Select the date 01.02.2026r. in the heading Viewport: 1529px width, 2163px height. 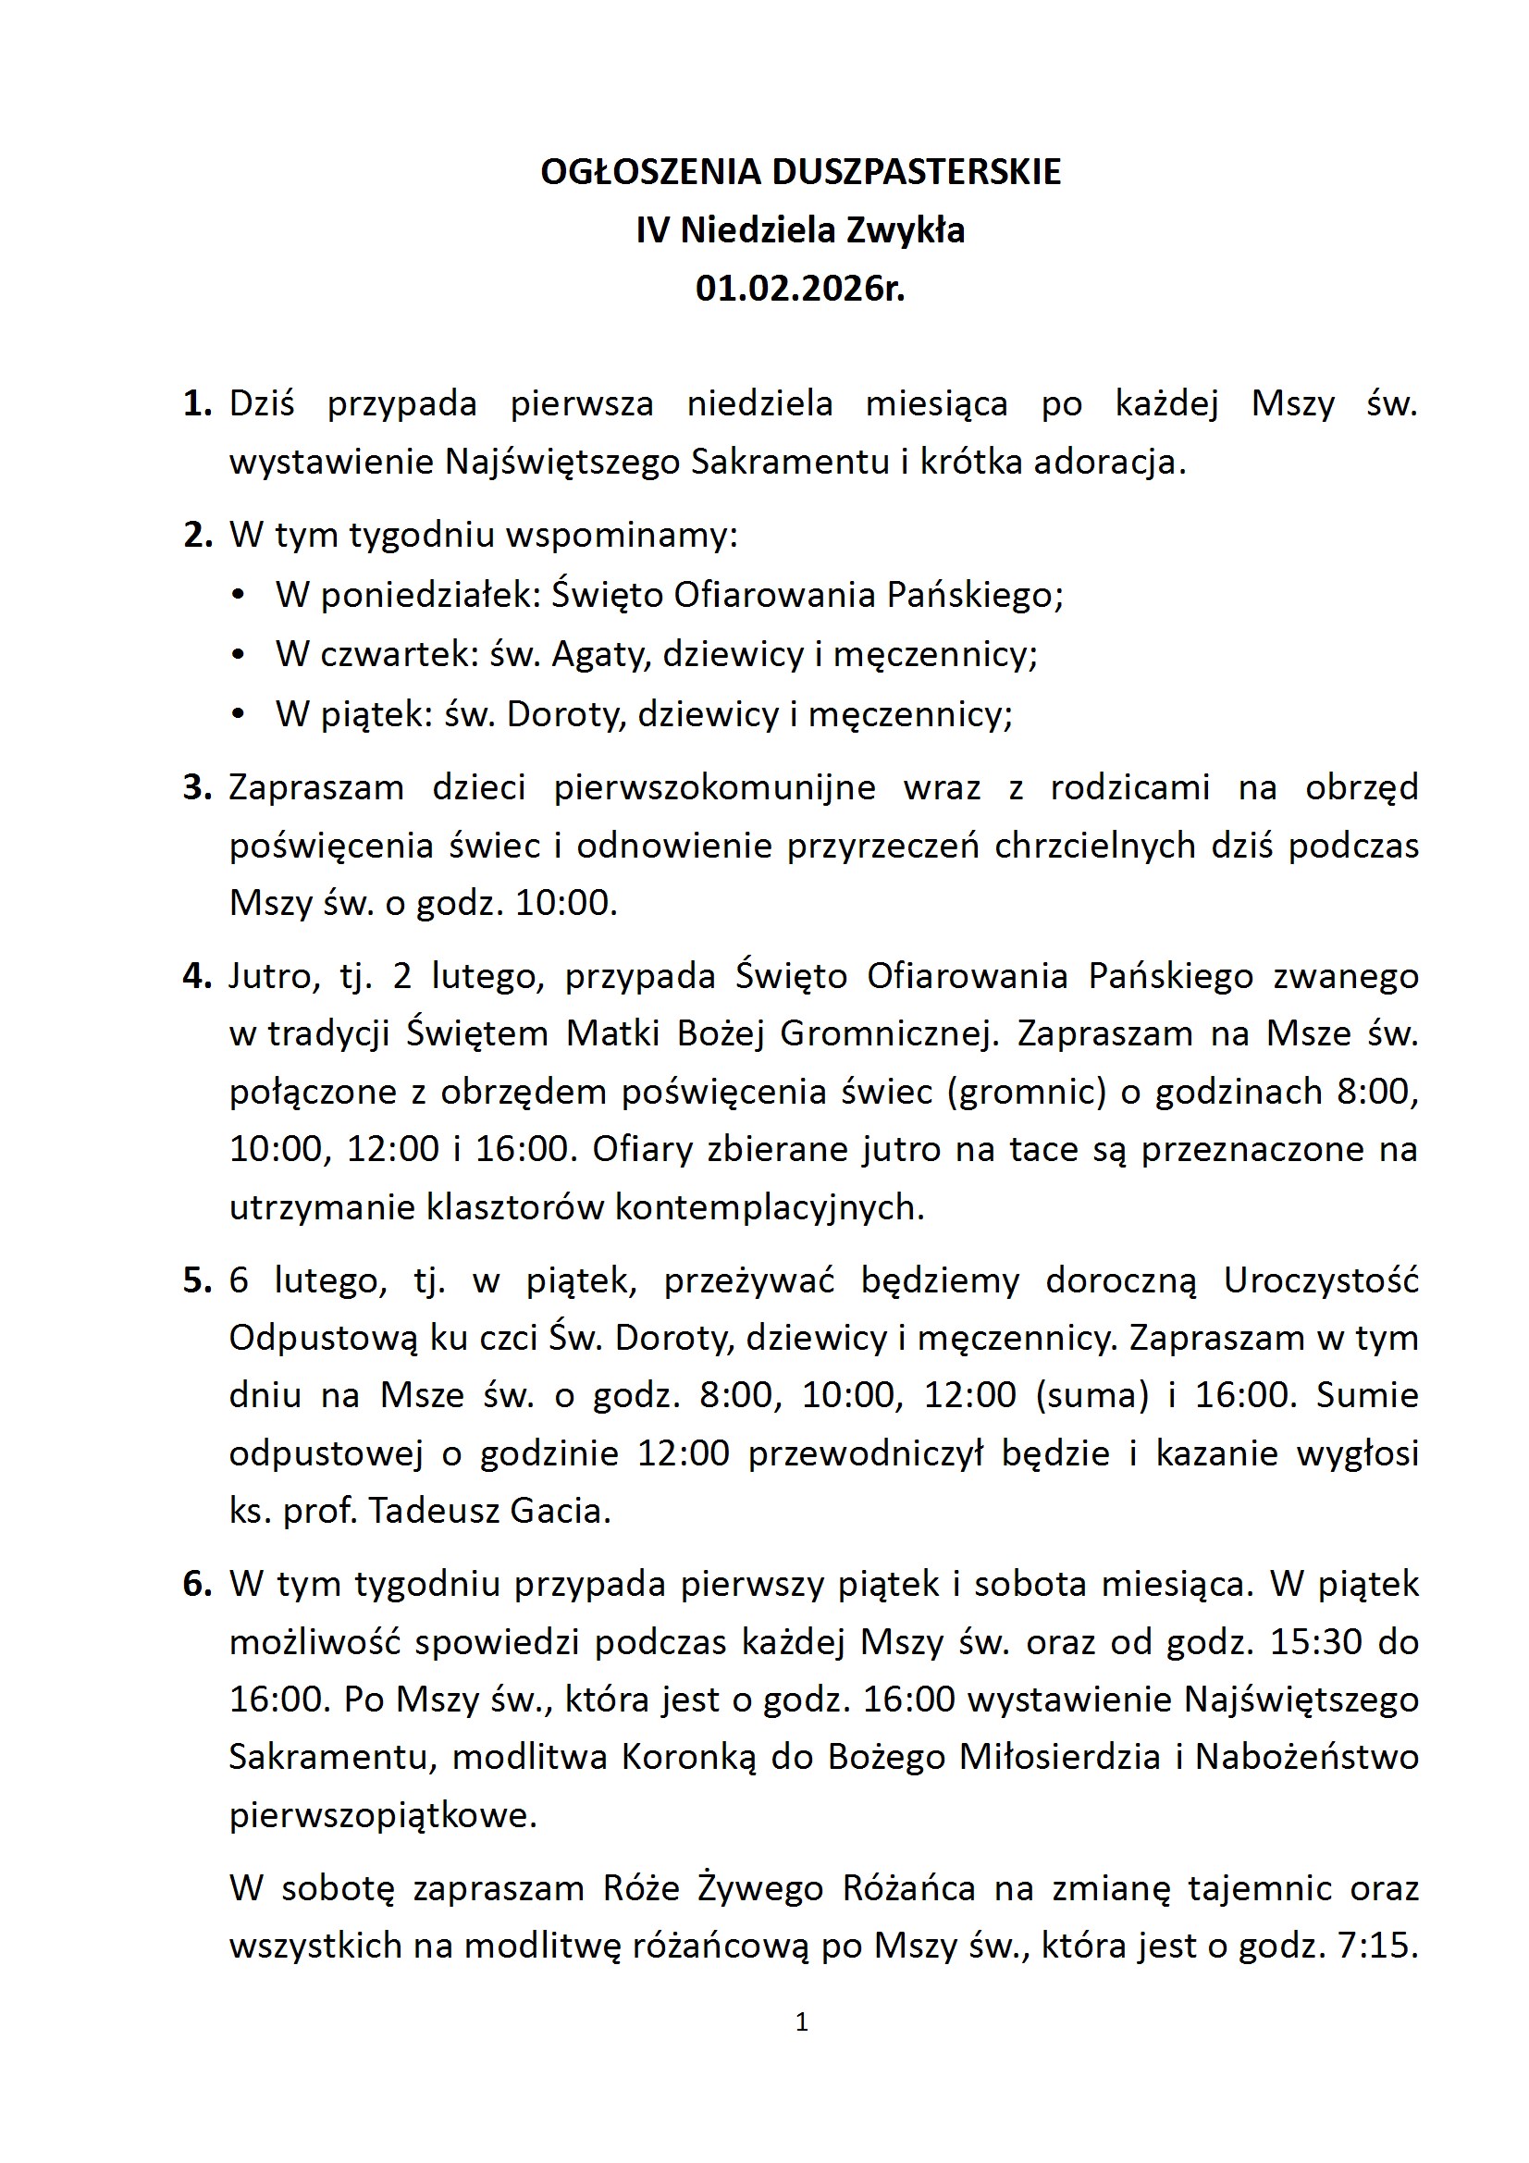coord(800,289)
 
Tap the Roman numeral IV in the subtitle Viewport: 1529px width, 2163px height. coord(652,230)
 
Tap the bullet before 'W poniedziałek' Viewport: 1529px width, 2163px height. coord(239,596)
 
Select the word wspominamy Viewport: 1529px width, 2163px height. coord(622,535)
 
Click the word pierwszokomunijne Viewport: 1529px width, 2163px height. coord(714,786)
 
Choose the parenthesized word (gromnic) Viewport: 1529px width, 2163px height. coord(1027,1092)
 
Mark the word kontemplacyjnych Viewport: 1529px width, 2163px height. coord(769,1206)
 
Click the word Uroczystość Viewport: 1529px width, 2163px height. coord(1321,1280)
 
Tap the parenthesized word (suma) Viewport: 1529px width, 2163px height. coord(1091,1395)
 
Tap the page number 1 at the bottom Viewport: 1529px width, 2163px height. coord(802,2021)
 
